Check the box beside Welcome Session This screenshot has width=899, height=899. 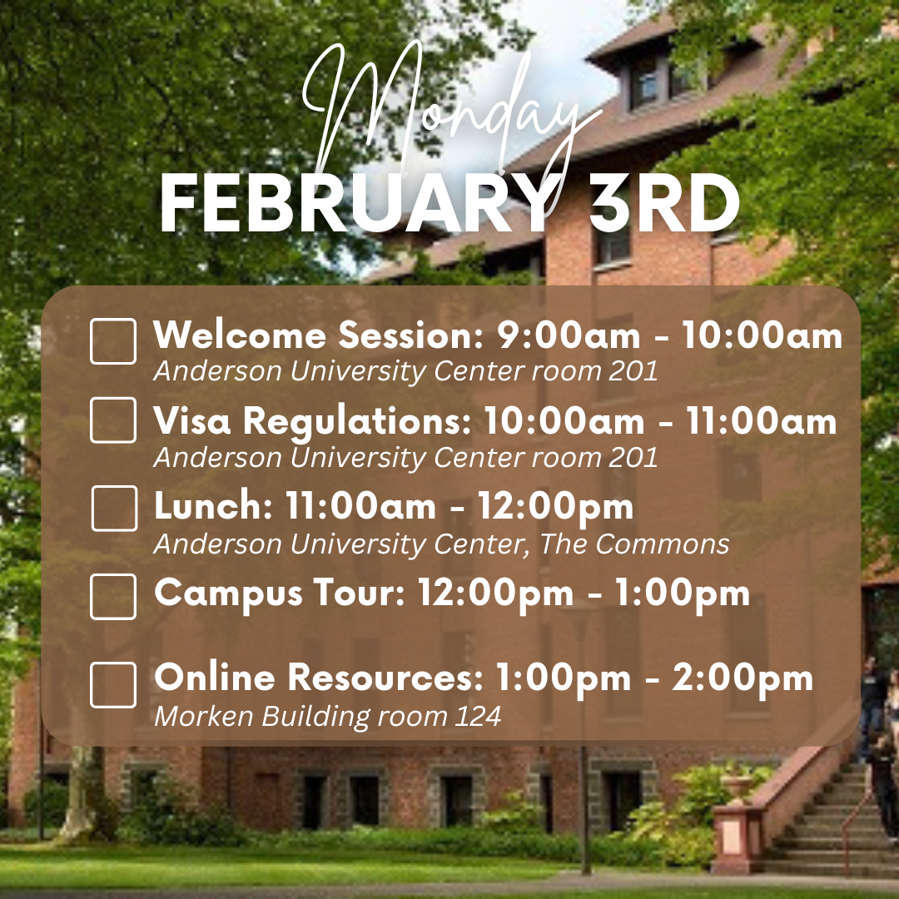(x=113, y=341)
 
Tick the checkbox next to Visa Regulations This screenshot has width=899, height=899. (x=113, y=420)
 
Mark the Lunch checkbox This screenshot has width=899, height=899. (x=114, y=509)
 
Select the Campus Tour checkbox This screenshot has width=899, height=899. (x=113, y=596)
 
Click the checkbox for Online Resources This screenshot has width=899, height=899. (x=113, y=685)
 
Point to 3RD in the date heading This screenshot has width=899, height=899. (x=664, y=203)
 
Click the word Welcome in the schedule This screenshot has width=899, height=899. (x=240, y=335)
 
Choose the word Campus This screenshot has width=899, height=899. (x=228, y=594)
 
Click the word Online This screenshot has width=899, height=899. (x=215, y=677)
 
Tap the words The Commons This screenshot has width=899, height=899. (x=634, y=544)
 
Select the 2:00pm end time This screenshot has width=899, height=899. (x=743, y=678)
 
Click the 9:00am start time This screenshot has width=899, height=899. (x=569, y=335)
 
